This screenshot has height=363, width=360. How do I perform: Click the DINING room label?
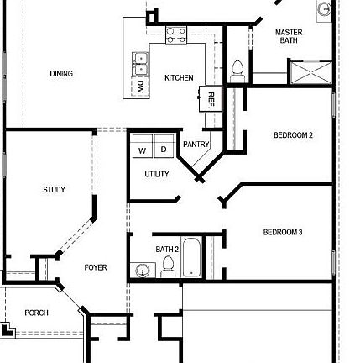[61, 74]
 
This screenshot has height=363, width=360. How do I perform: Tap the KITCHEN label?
[179, 77]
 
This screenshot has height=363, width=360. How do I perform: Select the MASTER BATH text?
[289, 36]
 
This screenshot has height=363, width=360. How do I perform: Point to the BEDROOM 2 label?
[293, 135]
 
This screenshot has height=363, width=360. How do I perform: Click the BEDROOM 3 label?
[283, 232]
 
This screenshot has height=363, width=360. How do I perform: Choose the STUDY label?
[54, 190]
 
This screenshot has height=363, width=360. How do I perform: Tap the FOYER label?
[96, 267]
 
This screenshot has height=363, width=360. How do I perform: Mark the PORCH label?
[36, 313]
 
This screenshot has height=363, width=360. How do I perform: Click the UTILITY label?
[157, 174]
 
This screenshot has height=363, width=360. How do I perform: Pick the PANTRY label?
[196, 145]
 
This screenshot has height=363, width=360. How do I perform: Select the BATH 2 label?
[167, 250]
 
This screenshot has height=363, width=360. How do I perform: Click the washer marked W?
[142, 150]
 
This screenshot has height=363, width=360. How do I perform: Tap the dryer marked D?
[163, 150]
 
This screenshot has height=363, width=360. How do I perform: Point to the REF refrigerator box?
[212, 98]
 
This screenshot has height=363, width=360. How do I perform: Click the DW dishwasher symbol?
[139, 86]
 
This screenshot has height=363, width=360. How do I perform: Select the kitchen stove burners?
[176, 34]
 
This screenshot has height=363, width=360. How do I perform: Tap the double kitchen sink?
[140, 60]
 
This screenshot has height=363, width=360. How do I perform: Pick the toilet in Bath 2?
[168, 266]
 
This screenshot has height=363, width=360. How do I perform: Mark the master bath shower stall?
[310, 72]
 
